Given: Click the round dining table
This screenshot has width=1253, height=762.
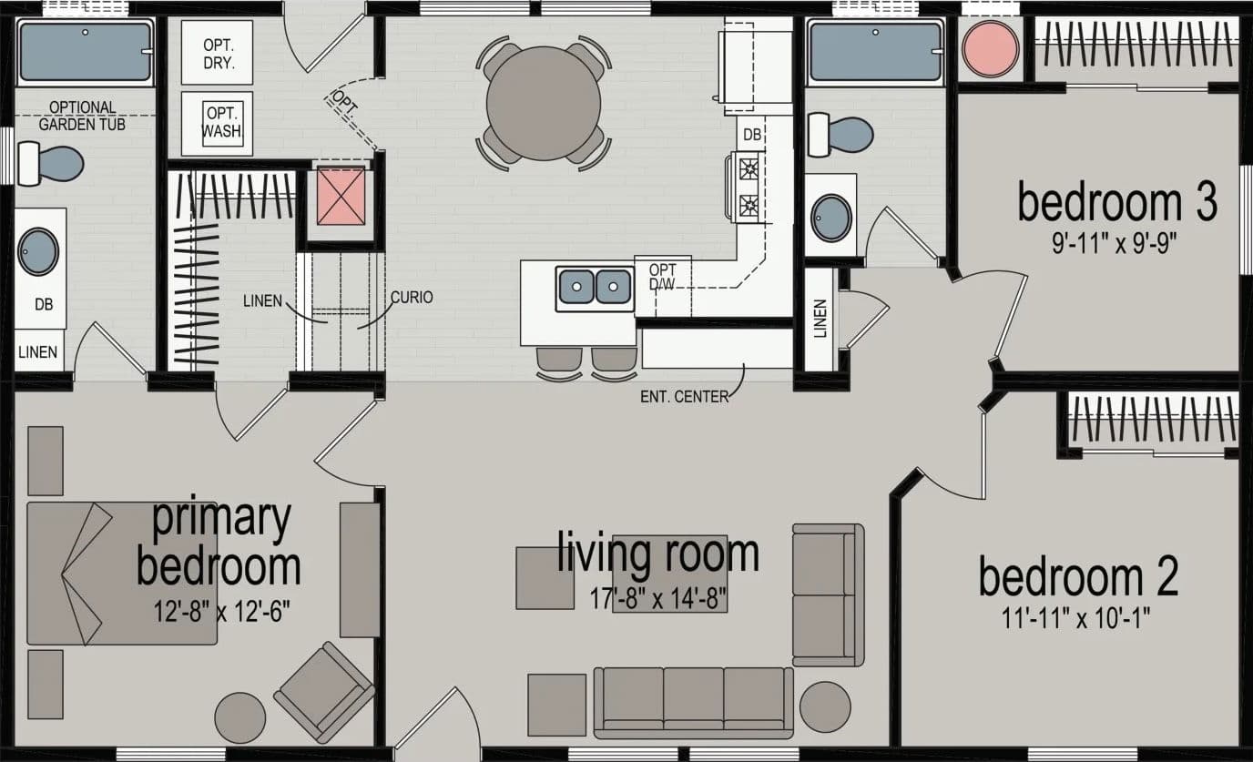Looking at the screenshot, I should [544, 103].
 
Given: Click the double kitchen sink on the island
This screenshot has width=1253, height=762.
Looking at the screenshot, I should [596, 287].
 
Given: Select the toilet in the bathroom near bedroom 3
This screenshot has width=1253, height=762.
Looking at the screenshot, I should [841, 133].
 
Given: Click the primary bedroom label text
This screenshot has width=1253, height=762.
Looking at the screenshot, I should [219, 542].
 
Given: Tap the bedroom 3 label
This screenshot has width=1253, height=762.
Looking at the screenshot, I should [1116, 202].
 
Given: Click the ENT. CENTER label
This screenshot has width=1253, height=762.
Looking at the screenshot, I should [683, 396].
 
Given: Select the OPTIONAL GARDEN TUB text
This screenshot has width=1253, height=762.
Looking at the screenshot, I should [82, 116].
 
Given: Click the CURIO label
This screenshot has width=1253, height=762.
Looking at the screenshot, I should [411, 297].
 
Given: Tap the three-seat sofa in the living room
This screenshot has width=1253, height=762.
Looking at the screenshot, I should [694, 701].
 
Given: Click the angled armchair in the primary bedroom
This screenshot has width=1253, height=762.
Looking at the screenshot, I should [324, 692].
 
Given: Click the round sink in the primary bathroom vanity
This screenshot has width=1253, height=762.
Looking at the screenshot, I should [38, 251].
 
